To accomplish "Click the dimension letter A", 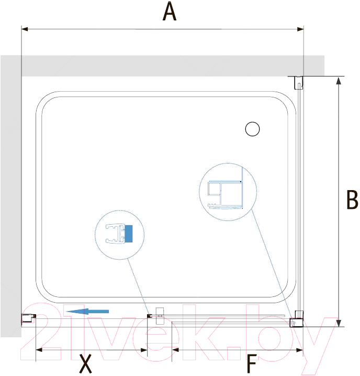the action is (x=170, y=12).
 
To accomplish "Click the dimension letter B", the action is (x=352, y=200).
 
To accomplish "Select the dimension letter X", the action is (x=85, y=364).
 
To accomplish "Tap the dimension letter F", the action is (x=252, y=364).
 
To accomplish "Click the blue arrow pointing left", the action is (x=87, y=312).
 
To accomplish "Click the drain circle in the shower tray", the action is (x=252, y=129).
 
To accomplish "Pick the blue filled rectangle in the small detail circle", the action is (x=129, y=234).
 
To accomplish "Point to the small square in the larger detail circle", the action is (x=215, y=189).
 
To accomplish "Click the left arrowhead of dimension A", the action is (x=25, y=29).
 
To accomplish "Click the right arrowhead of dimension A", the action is (x=300, y=29).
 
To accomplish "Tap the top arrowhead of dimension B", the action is (x=339, y=81).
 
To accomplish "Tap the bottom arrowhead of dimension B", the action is (x=339, y=323).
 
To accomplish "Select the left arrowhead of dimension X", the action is (x=39, y=350).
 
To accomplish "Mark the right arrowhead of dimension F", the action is (x=300, y=350).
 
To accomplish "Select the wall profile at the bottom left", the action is (x=29, y=318).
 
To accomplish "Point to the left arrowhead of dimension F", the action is (x=175, y=350).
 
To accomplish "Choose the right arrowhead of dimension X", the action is (x=144, y=350).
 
